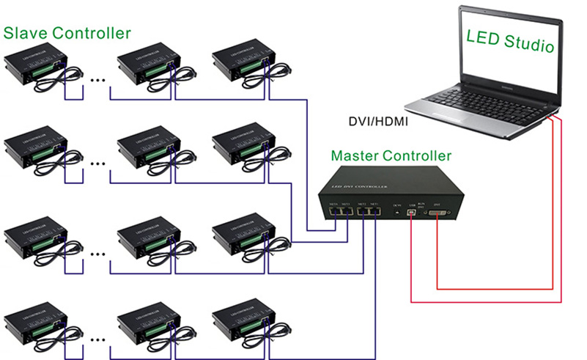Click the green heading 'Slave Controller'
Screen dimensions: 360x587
point(68,33)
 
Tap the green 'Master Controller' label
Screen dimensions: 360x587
point(391,155)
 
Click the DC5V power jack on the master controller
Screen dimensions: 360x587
point(396,213)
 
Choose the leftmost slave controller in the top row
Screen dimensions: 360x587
point(35,65)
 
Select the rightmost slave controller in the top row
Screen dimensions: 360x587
point(241,63)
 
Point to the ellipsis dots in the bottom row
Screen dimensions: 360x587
point(96,339)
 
